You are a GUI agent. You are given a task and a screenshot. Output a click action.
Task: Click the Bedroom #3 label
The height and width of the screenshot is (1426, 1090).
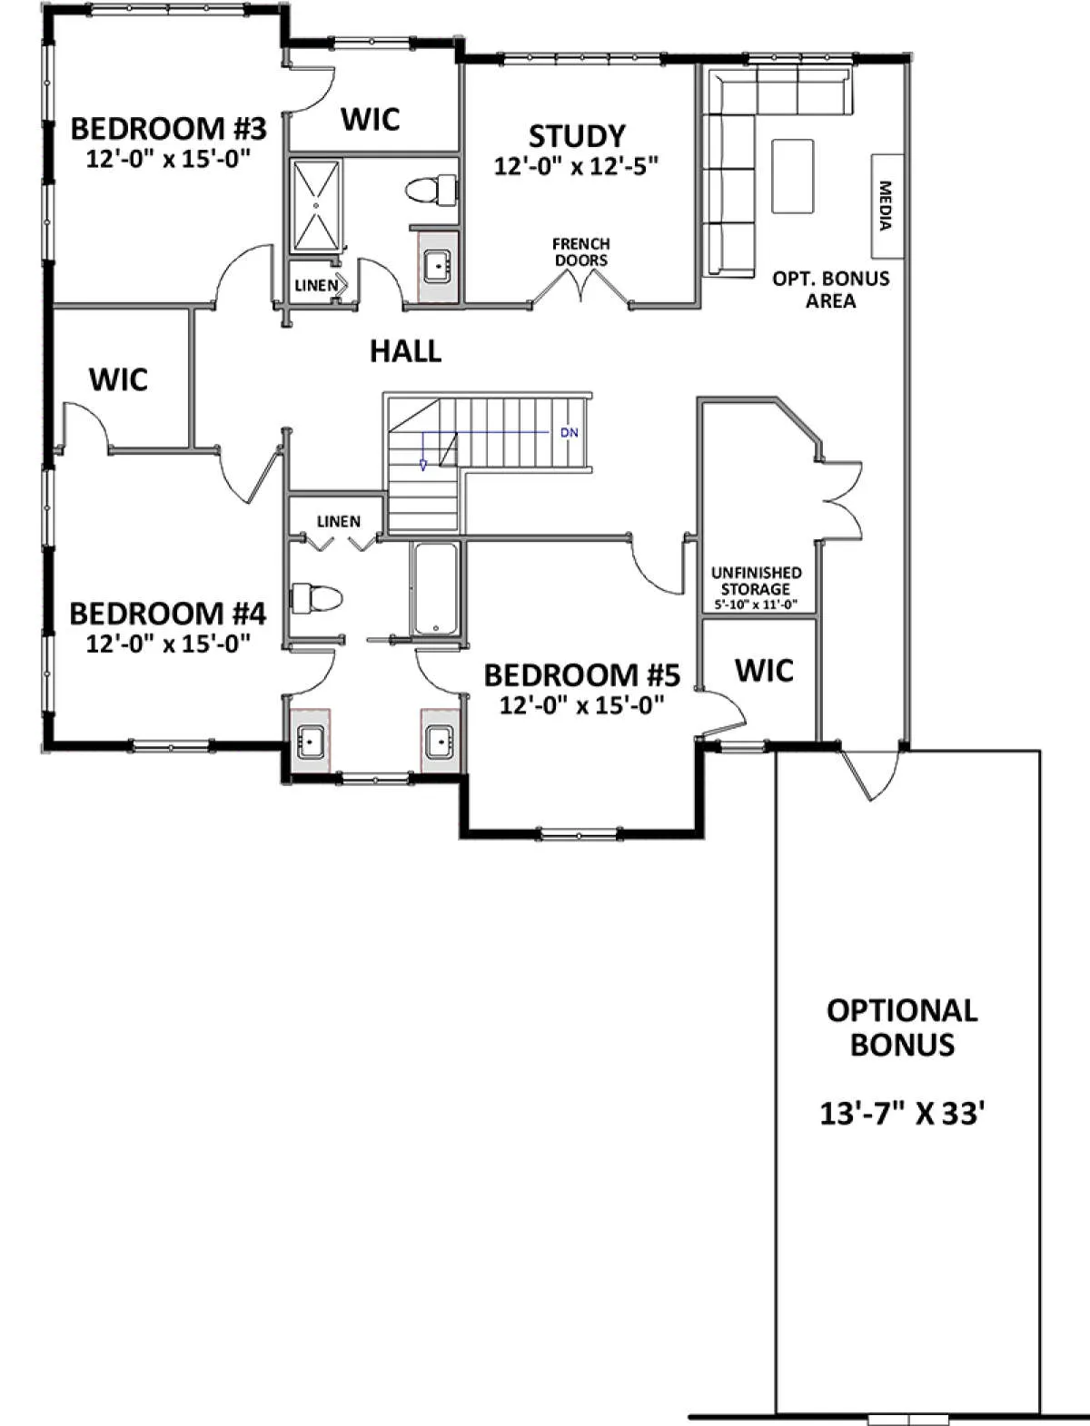(168, 129)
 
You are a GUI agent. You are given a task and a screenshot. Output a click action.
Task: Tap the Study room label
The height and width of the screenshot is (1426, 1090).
(577, 136)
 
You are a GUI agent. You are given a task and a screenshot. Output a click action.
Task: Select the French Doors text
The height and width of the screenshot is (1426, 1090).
(581, 252)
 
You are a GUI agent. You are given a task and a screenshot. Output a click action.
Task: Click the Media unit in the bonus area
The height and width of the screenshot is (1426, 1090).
(887, 206)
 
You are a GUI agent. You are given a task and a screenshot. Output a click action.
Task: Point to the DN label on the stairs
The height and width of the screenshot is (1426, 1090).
(569, 433)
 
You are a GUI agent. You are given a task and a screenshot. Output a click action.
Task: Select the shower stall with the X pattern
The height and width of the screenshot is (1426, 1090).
(316, 205)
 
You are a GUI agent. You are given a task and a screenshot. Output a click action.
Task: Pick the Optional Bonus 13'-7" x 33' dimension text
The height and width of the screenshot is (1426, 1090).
(901, 1114)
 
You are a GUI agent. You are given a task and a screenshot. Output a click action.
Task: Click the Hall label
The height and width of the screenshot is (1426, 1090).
(406, 351)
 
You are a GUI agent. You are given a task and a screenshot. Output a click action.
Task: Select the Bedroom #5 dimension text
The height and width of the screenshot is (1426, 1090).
(581, 705)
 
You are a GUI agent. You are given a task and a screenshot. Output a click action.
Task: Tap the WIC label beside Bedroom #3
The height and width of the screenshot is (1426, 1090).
(371, 119)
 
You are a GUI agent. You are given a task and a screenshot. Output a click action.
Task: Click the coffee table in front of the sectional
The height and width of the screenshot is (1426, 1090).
(792, 175)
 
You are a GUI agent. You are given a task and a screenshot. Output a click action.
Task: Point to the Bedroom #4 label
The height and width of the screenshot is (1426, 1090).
(168, 614)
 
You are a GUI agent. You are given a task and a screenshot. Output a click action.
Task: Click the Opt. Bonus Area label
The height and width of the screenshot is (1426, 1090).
(830, 290)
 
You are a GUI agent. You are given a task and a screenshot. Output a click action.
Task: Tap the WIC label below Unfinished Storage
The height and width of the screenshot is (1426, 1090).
(764, 670)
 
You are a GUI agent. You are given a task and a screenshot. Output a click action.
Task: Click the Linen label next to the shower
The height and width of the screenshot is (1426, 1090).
(316, 285)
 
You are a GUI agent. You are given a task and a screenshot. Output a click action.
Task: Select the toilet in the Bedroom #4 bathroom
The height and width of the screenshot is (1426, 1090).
(316, 597)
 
